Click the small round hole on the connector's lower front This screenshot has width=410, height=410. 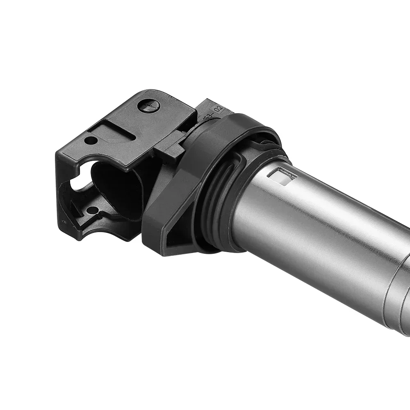click(x=93, y=210)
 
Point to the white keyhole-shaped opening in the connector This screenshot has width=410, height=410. click(x=80, y=183)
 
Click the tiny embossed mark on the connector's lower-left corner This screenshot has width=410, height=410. click(x=63, y=222)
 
